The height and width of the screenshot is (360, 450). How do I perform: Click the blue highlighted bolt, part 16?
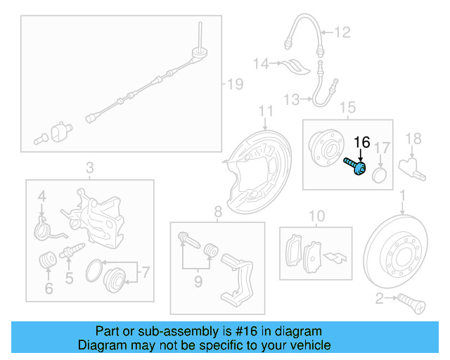(x=355, y=166)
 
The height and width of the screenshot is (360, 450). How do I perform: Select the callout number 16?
(x=361, y=142)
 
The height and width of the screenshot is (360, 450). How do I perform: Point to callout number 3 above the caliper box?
(x=89, y=167)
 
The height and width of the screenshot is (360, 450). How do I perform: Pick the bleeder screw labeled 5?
(x=74, y=250)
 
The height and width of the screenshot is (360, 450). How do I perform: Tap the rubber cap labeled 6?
(x=49, y=260)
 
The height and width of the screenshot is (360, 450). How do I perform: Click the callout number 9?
(x=198, y=282)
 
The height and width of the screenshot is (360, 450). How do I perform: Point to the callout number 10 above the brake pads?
(x=317, y=215)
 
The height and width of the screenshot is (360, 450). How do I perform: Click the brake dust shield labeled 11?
(x=252, y=169)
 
